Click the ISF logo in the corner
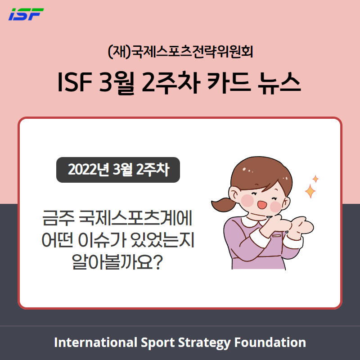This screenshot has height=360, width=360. coord(26,14)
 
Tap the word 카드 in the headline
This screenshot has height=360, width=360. coord(229,82)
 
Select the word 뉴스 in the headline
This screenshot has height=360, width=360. coord(279,82)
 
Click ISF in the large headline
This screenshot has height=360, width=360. coord(75,82)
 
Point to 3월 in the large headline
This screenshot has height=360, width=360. coord(117,83)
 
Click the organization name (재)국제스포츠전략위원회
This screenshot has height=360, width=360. coord(180,52)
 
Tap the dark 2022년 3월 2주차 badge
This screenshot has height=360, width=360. coord(118,170)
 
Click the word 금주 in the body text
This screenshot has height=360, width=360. coord(58,218)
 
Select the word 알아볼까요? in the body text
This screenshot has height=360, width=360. coord(117,261)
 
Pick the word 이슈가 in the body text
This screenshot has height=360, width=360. coord(102,240)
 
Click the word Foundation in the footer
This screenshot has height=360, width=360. coord(270,342)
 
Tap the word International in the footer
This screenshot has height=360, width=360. coord(95,342)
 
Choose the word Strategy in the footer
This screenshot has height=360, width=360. coord(204,343)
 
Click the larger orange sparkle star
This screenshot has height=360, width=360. coord(310,191)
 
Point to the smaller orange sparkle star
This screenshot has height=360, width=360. coord(315,179)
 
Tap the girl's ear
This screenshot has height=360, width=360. coord(234,194)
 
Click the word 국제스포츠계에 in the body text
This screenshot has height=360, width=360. coord(136,218)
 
